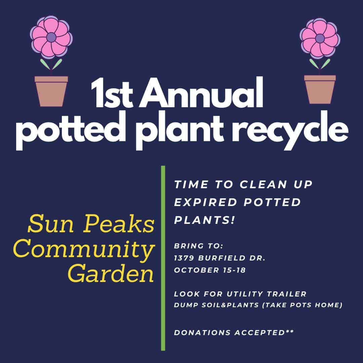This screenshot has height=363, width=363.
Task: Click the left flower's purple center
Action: click(x=51, y=37)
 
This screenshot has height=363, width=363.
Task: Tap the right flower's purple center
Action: click(x=320, y=38)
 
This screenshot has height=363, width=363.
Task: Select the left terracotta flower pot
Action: click(x=51, y=91)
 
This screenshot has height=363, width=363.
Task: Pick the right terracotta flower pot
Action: click(x=320, y=89)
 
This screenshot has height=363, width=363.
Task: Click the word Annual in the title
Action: click(x=201, y=93)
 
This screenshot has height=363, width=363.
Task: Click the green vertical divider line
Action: click(x=163, y=258)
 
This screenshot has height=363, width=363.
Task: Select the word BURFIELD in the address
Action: click(x=222, y=258)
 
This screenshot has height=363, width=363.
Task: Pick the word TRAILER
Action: click(x=287, y=294)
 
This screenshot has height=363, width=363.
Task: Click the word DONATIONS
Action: click(x=202, y=333)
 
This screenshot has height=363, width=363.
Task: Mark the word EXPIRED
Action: click(x=206, y=202)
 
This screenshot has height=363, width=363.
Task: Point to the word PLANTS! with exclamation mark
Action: click(x=205, y=220)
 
